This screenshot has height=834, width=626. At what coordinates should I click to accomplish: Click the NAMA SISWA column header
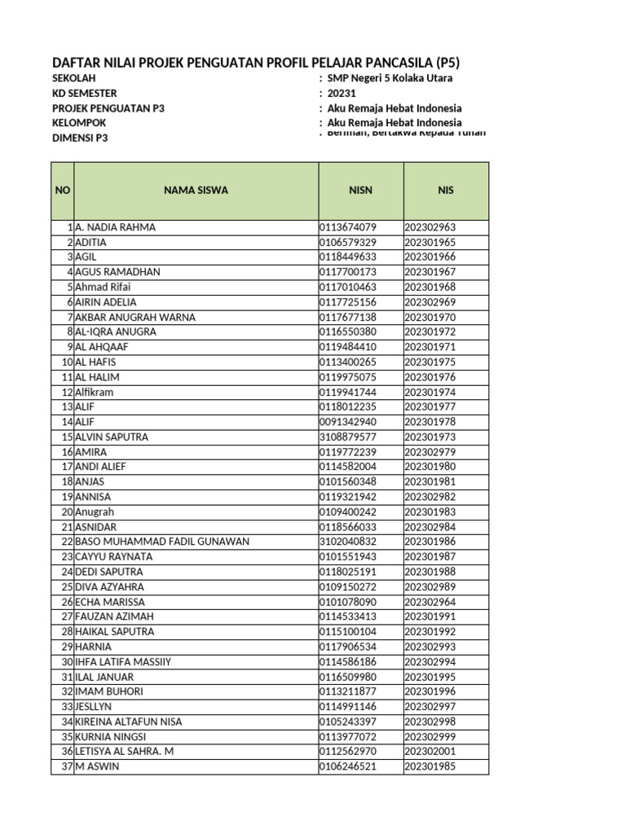[196, 190]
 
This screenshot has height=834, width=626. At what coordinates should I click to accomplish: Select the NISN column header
[360, 190]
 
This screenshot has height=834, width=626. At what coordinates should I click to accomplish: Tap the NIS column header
[445, 190]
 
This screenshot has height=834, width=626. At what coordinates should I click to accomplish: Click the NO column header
[63, 190]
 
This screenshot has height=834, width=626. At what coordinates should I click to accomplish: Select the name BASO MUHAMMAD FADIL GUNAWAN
[162, 542]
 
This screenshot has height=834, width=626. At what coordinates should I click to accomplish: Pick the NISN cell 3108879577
[348, 437]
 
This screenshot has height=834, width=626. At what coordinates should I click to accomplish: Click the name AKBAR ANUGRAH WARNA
[135, 317]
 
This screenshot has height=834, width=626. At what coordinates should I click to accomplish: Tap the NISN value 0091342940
[348, 422]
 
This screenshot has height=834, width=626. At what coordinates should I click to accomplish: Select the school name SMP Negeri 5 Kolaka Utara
[390, 78]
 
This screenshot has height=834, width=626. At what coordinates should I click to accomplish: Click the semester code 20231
[342, 93]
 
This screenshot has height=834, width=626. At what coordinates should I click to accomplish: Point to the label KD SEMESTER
[85, 93]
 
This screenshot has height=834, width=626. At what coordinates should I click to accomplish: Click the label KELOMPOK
[79, 123]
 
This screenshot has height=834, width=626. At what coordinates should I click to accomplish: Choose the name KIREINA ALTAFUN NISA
[129, 722]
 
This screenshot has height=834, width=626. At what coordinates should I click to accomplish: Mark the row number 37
[67, 766]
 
